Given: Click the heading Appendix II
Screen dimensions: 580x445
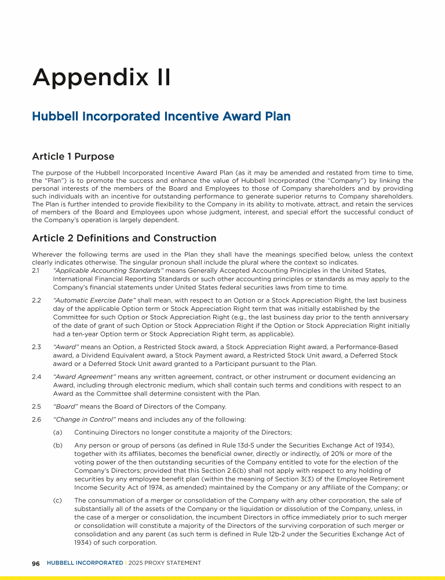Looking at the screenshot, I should point(101,78).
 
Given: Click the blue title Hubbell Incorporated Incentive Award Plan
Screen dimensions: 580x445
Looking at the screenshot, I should point(161,117).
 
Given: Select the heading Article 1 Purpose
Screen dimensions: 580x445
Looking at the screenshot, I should point(73,157).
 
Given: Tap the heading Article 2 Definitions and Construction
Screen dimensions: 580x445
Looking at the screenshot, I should point(124,238).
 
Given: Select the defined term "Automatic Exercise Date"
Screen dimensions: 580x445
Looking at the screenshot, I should point(94,300).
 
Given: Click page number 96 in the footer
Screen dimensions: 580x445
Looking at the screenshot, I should point(36,563).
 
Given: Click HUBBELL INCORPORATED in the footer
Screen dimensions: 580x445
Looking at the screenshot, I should point(85,563).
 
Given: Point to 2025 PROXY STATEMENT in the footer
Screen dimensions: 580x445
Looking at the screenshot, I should point(164,563).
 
